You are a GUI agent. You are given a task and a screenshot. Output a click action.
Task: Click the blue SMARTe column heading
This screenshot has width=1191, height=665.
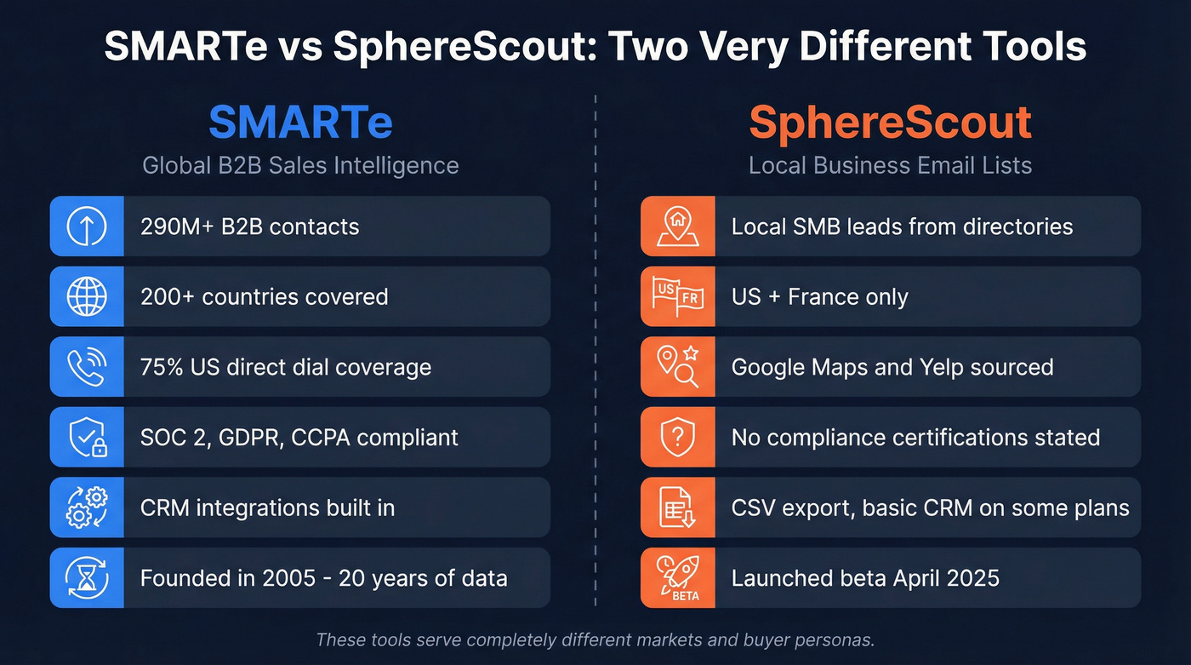coord(300,123)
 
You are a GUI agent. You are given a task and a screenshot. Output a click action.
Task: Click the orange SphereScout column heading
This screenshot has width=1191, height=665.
coord(890,123)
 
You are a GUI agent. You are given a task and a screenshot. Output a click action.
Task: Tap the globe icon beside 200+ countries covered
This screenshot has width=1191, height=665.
coord(87,296)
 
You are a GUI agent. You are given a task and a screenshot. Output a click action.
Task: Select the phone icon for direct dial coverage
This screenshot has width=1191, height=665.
coord(87,367)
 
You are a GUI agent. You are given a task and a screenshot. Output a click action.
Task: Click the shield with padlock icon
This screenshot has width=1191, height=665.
coord(87,438)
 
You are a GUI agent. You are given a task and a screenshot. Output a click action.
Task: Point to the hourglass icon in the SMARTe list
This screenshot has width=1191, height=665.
coord(87,578)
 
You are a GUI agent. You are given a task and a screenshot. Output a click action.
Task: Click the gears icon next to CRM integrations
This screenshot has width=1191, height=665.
coord(87,507)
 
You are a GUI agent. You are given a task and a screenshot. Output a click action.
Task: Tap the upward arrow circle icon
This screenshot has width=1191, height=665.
coord(87,226)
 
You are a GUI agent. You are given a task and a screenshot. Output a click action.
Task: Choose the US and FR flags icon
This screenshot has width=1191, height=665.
coord(677,296)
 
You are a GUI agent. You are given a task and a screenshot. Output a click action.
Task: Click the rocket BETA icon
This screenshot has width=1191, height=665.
coord(677,578)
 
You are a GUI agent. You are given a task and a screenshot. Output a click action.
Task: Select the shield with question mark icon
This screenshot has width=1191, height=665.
coord(677,438)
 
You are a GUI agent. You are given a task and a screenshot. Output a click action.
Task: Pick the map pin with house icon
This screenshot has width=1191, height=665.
coord(677,226)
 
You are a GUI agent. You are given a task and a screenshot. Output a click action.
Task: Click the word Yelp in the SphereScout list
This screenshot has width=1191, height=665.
coord(943,367)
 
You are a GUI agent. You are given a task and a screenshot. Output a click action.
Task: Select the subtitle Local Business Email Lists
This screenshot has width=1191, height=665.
coord(890,164)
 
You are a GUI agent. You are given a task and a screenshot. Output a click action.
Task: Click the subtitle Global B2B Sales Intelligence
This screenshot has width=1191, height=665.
coord(300,164)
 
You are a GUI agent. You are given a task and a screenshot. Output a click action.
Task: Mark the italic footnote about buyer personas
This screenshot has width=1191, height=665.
coord(595,639)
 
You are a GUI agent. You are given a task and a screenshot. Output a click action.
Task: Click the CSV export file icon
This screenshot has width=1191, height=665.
coord(677,507)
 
